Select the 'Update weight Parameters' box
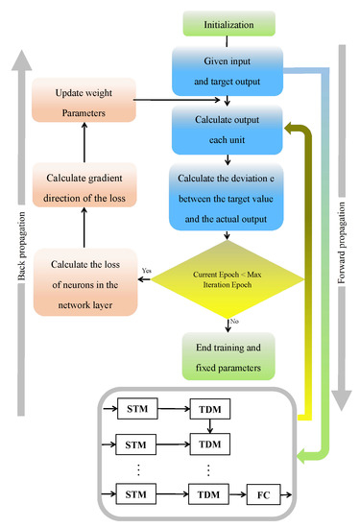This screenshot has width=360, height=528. point(82,101)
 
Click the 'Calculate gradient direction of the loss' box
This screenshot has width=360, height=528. point(82,186)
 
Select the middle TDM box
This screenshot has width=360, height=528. point(208,444)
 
